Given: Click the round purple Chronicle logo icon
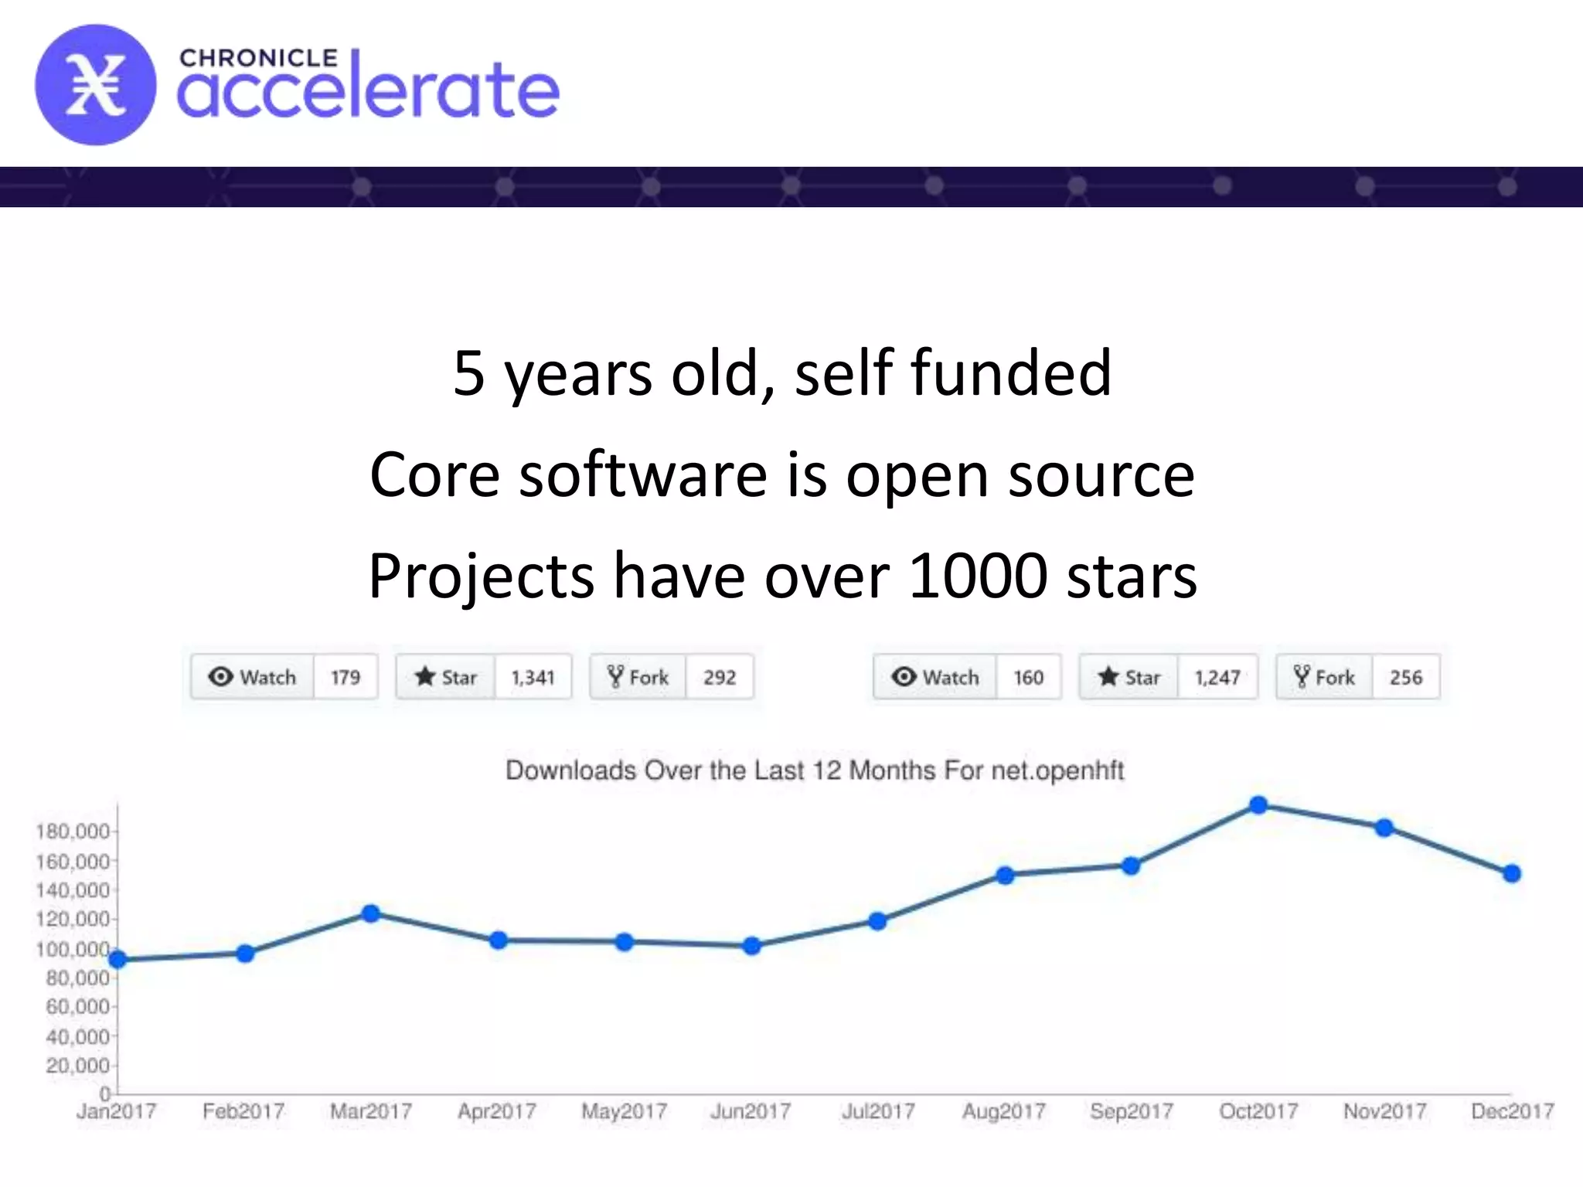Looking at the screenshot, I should click(95, 85).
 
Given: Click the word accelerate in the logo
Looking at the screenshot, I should click(368, 91).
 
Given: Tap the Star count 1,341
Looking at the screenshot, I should click(533, 678).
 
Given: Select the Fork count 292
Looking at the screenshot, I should click(719, 678).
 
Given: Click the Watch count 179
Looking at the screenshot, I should click(346, 678).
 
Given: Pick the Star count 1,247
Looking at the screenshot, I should click(1217, 678).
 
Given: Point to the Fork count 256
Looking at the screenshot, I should click(1405, 678).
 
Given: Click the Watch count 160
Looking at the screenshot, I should click(1028, 678).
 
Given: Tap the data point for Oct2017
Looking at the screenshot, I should click(1258, 805).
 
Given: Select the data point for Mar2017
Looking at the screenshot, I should click(371, 913).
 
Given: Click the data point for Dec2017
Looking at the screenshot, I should click(1512, 873).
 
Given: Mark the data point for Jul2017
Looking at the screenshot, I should click(877, 921).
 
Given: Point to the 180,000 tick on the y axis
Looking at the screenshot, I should click(73, 832).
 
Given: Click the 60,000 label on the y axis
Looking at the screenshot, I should click(77, 1006).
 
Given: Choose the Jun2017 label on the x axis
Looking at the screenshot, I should click(751, 1111).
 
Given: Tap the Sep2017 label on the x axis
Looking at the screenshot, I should click(1132, 1111).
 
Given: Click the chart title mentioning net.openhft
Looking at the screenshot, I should click(815, 770).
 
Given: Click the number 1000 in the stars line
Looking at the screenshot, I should click(977, 576).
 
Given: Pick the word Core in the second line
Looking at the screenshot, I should click(434, 475).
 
